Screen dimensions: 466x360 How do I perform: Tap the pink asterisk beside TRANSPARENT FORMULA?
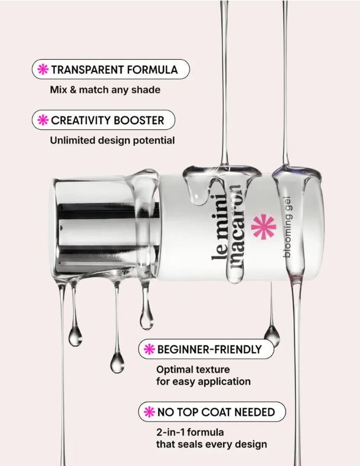(43, 70)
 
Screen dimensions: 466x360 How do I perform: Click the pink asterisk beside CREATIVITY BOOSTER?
(43, 120)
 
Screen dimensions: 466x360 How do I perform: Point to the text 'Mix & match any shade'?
(105, 90)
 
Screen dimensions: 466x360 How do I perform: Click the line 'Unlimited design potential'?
(112, 141)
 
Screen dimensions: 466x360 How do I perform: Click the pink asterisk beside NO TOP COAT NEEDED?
(148, 412)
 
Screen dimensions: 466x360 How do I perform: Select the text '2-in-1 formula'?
(188, 431)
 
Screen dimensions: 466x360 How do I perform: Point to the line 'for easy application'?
(203, 382)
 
